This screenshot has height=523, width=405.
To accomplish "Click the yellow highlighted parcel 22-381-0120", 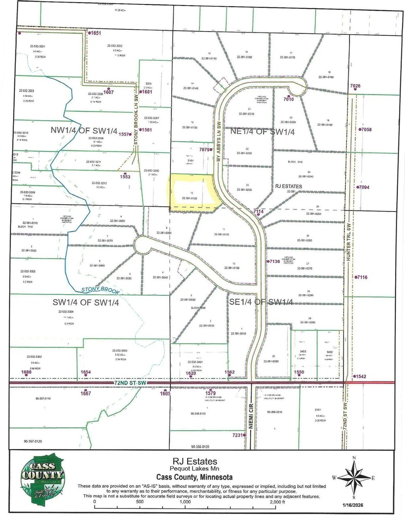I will click(x=192, y=194).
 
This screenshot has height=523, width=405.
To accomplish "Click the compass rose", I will click(x=354, y=478).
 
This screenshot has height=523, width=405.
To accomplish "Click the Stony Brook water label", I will click(x=100, y=290).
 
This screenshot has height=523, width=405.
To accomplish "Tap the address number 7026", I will click(x=355, y=86).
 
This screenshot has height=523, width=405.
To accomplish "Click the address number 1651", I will click(x=96, y=33).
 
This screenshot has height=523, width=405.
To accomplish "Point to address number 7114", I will click(x=258, y=212).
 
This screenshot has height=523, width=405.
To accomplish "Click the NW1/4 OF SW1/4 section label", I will click(x=84, y=131).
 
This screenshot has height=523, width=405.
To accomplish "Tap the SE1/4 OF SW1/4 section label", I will click(x=261, y=302).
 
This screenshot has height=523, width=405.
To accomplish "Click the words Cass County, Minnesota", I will click(x=194, y=477).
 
